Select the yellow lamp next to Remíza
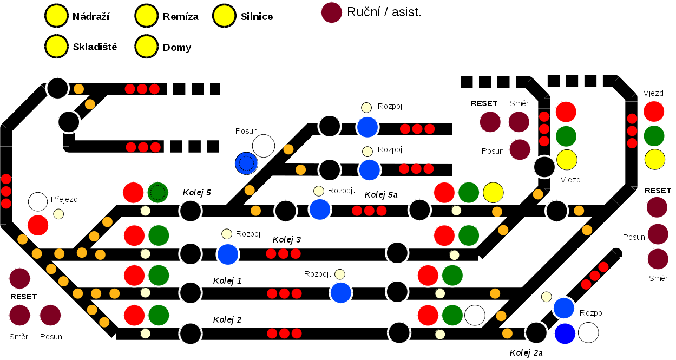pyautogui.click(x=146, y=16)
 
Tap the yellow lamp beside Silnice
pyautogui.click(x=224, y=16)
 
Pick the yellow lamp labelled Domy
pyautogui.click(x=146, y=47)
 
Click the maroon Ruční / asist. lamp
pyautogui.click(x=332, y=12)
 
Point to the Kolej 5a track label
pyautogui.click(x=381, y=195)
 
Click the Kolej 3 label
pyautogui.click(x=287, y=239)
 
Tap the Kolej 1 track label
pyautogui.click(x=227, y=280)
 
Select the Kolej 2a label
pyautogui.click(x=526, y=353)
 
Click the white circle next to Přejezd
pyautogui.click(x=38, y=201)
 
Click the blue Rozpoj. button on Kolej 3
pyautogui.click(x=228, y=253)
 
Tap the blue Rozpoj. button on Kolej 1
pyautogui.click(x=341, y=292)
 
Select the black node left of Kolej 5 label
pyautogui.click(x=191, y=211)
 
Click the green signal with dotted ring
pyautogui.click(x=157, y=192)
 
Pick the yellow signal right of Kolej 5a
pyautogui.click(x=493, y=192)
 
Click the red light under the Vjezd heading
pyautogui.click(x=654, y=111)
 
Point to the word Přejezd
pyautogui.click(x=64, y=199)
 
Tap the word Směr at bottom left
pyautogui.click(x=18, y=337)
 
